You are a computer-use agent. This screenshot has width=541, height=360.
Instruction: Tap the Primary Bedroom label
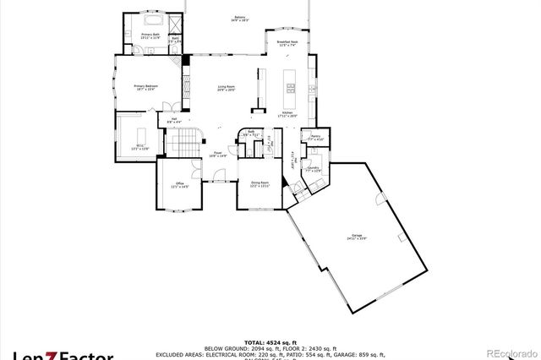146,88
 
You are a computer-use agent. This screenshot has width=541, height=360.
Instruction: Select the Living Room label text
226,88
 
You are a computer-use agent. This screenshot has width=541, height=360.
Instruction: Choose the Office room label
179,185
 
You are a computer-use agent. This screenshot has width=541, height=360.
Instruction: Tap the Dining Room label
259,183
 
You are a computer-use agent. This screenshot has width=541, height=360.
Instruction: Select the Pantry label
314,137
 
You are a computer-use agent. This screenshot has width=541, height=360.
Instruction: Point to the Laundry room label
314,169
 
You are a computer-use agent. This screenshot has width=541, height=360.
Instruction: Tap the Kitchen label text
287,113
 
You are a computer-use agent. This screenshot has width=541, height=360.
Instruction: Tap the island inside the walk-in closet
140,135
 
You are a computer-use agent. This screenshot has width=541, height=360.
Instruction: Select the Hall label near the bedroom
174,121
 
